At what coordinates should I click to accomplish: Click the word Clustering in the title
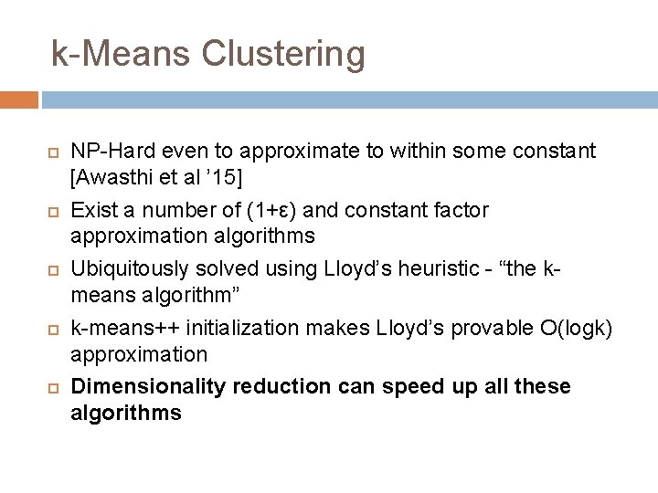click(x=282, y=54)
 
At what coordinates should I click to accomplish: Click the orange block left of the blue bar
click(x=19, y=100)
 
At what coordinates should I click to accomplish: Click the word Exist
click(x=91, y=210)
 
